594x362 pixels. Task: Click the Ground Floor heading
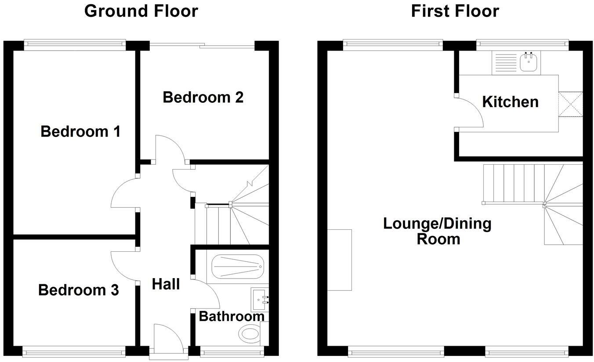[141, 11]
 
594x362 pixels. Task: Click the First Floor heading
[455, 11]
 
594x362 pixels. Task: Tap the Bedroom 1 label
[80, 131]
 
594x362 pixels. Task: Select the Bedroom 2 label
[203, 97]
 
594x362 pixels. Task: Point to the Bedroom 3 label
[78, 290]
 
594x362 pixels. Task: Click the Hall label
[166, 284]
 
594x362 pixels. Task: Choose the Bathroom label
[232, 316]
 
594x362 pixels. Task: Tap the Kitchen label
[510, 102]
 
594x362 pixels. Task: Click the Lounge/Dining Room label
[437, 231]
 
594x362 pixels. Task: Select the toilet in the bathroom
[250, 334]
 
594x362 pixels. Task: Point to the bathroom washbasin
[259, 299]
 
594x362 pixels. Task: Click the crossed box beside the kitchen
[570, 105]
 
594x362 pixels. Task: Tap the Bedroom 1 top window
[75, 43]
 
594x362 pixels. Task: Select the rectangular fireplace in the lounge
[340, 260]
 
